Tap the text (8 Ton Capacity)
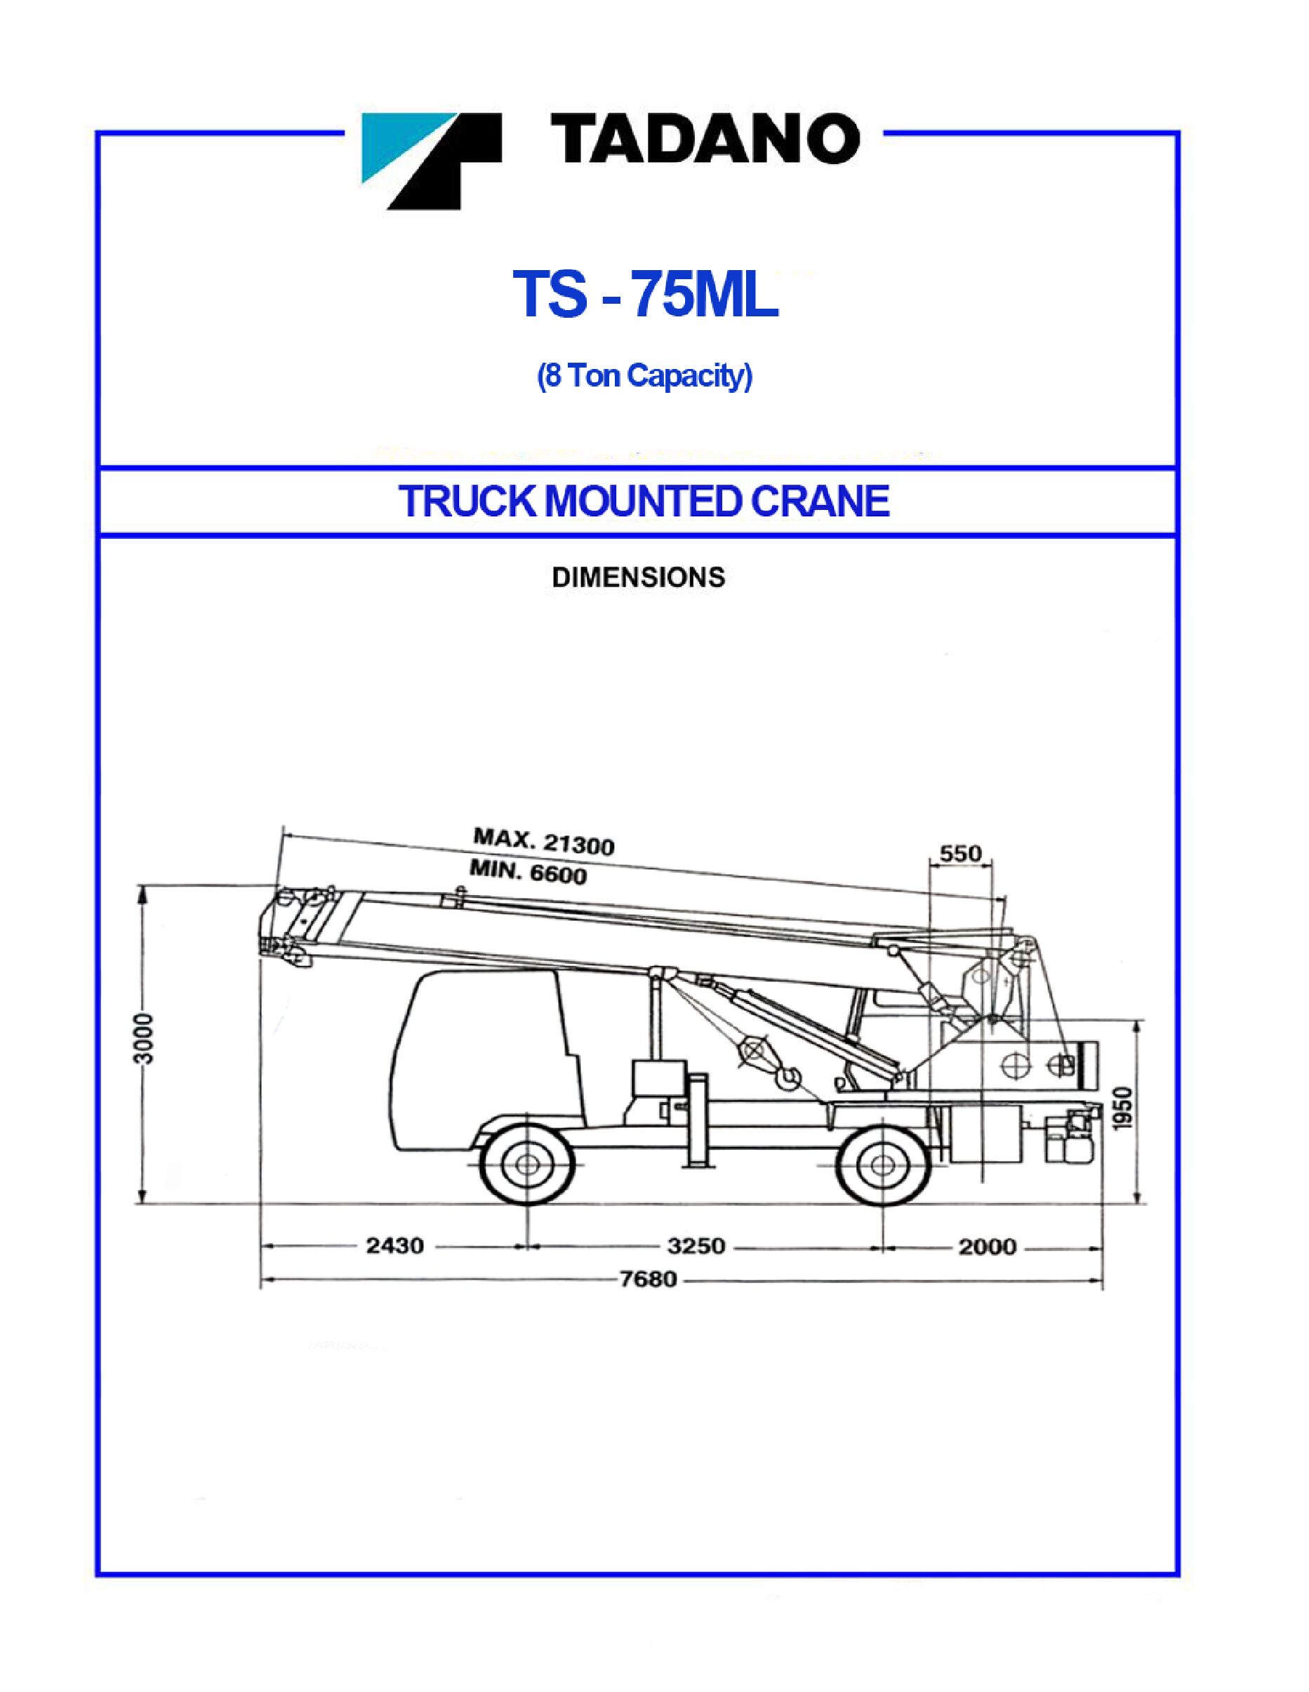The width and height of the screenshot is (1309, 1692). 645,378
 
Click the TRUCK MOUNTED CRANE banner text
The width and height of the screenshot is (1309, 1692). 644,502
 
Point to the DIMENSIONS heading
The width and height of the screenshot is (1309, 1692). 638,577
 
